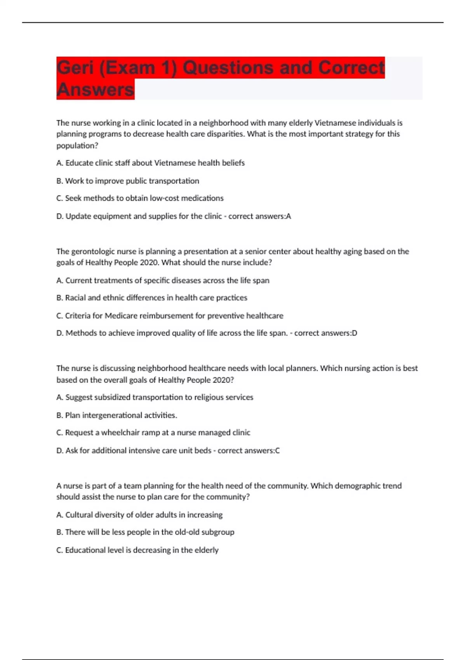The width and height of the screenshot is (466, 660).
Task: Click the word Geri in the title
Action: pos(75,68)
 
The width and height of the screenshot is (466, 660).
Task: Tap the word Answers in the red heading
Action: pos(95,90)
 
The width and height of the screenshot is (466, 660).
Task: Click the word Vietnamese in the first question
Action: pos(335,123)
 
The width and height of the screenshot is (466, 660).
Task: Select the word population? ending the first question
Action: pos(77,146)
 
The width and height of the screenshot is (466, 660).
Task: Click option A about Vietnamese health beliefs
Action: pos(151,163)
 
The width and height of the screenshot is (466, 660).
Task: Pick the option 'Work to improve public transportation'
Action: pos(128,181)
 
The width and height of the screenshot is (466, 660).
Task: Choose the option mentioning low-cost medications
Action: pos(140,198)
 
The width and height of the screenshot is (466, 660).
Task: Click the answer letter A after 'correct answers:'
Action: pos(288,216)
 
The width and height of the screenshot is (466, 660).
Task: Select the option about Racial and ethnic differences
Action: pos(152,298)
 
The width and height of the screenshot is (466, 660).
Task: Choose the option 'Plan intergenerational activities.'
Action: pos(117,415)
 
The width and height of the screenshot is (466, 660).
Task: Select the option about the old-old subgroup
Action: pos(145,532)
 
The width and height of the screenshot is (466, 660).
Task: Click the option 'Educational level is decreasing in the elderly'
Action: pos(137,550)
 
